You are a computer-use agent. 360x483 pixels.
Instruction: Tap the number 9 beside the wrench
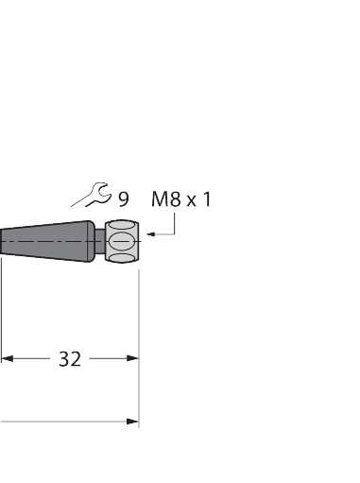click(124, 198)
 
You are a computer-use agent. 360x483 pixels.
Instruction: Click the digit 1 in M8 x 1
click(207, 198)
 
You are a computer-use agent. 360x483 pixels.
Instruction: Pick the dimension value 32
click(70, 359)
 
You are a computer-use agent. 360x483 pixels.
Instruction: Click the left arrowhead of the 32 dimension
click(8, 358)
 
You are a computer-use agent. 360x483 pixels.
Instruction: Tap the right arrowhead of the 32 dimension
click(132, 358)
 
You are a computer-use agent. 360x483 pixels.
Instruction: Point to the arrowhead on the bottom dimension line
click(132, 421)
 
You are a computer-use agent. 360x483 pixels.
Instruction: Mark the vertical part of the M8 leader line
click(175, 223)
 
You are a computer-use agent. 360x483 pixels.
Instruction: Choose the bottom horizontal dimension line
click(66, 421)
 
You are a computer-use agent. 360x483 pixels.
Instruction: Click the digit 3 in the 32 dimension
click(64, 359)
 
